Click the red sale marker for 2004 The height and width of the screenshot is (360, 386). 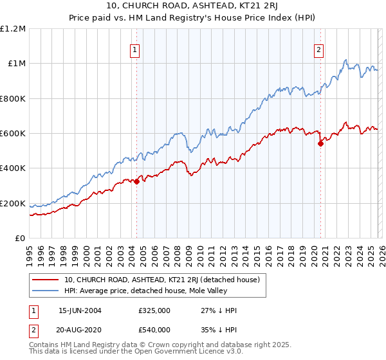(136, 181)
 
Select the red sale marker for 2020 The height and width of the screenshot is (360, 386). (320, 144)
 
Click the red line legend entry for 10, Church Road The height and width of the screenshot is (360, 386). (161, 280)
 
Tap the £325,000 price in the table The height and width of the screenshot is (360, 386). (154, 310)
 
